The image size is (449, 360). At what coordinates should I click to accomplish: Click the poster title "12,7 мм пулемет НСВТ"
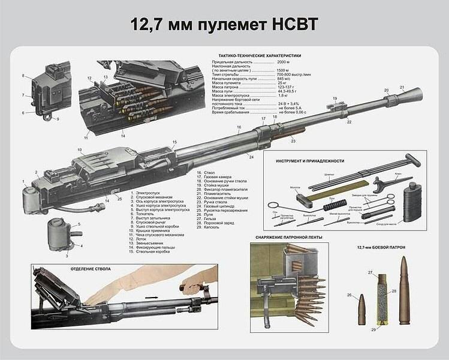[x=224, y=25]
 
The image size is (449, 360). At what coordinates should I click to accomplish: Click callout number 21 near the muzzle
[x=402, y=88]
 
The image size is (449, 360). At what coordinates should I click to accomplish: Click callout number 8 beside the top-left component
[x=23, y=76]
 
